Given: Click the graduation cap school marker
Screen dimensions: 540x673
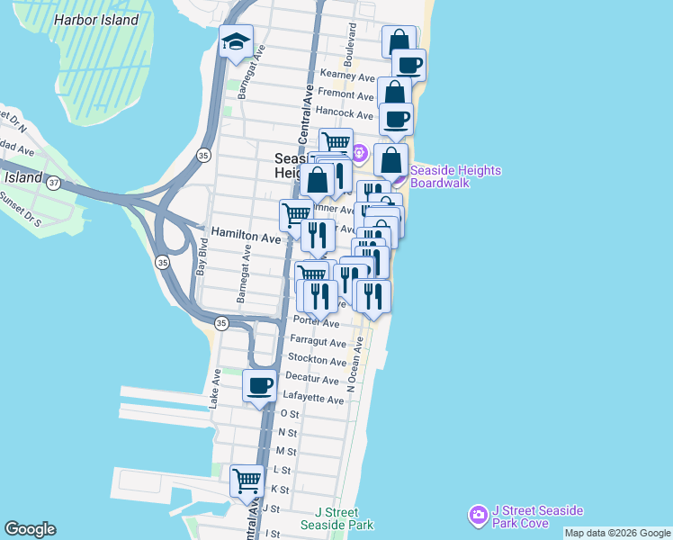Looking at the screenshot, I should (x=236, y=41).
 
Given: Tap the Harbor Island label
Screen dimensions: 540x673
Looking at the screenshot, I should (x=96, y=20).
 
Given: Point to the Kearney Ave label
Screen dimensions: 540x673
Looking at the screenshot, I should (x=346, y=76).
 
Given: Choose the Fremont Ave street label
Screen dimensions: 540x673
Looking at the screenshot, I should (x=345, y=95).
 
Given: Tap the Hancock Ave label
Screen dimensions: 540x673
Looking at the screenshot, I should (x=344, y=115).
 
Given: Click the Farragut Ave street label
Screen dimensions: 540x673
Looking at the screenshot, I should (x=319, y=343).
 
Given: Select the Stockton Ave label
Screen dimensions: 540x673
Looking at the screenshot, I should (x=319, y=361).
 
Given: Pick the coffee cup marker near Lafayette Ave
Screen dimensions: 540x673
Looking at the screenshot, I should (x=261, y=386).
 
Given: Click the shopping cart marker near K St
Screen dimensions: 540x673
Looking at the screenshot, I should (x=247, y=480).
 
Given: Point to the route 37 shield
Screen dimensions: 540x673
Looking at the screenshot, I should (x=54, y=183).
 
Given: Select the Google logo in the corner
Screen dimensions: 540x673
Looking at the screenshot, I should (x=30, y=529).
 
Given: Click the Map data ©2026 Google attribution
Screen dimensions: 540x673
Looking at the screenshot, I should (x=618, y=533).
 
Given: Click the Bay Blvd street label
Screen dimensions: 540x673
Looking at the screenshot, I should (x=202, y=256).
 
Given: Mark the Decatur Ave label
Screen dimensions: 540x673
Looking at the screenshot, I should (x=312, y=380).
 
